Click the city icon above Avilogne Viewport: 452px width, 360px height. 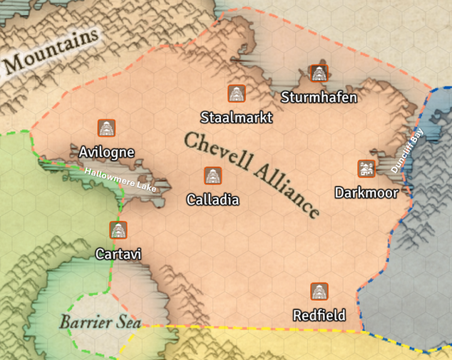click(x=107, y=128)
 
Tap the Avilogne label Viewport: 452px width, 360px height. click(x=106, y=152)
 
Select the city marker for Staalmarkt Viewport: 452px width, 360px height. click(x=237, y=93)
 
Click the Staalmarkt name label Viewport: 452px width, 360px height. click(x=237, y=117)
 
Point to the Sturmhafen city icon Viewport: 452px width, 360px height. click(x=318, y=73)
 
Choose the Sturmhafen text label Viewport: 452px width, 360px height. click(x=319, y=97)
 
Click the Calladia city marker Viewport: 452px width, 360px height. click(x=212, y=176)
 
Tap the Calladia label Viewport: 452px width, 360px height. click(x=212, y=200)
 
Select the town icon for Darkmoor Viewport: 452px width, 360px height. click(x=366, y=169)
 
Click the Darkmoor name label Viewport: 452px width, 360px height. click(x=366, y=193)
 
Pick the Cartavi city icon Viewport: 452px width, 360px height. click(x=118, y=230)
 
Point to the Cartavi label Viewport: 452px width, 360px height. click(x=118, y=254)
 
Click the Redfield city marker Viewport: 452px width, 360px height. click(x=319, y=292)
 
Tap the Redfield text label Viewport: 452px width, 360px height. click(x=319, y=315)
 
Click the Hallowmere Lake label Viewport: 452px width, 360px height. click(x=120, y=180)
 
